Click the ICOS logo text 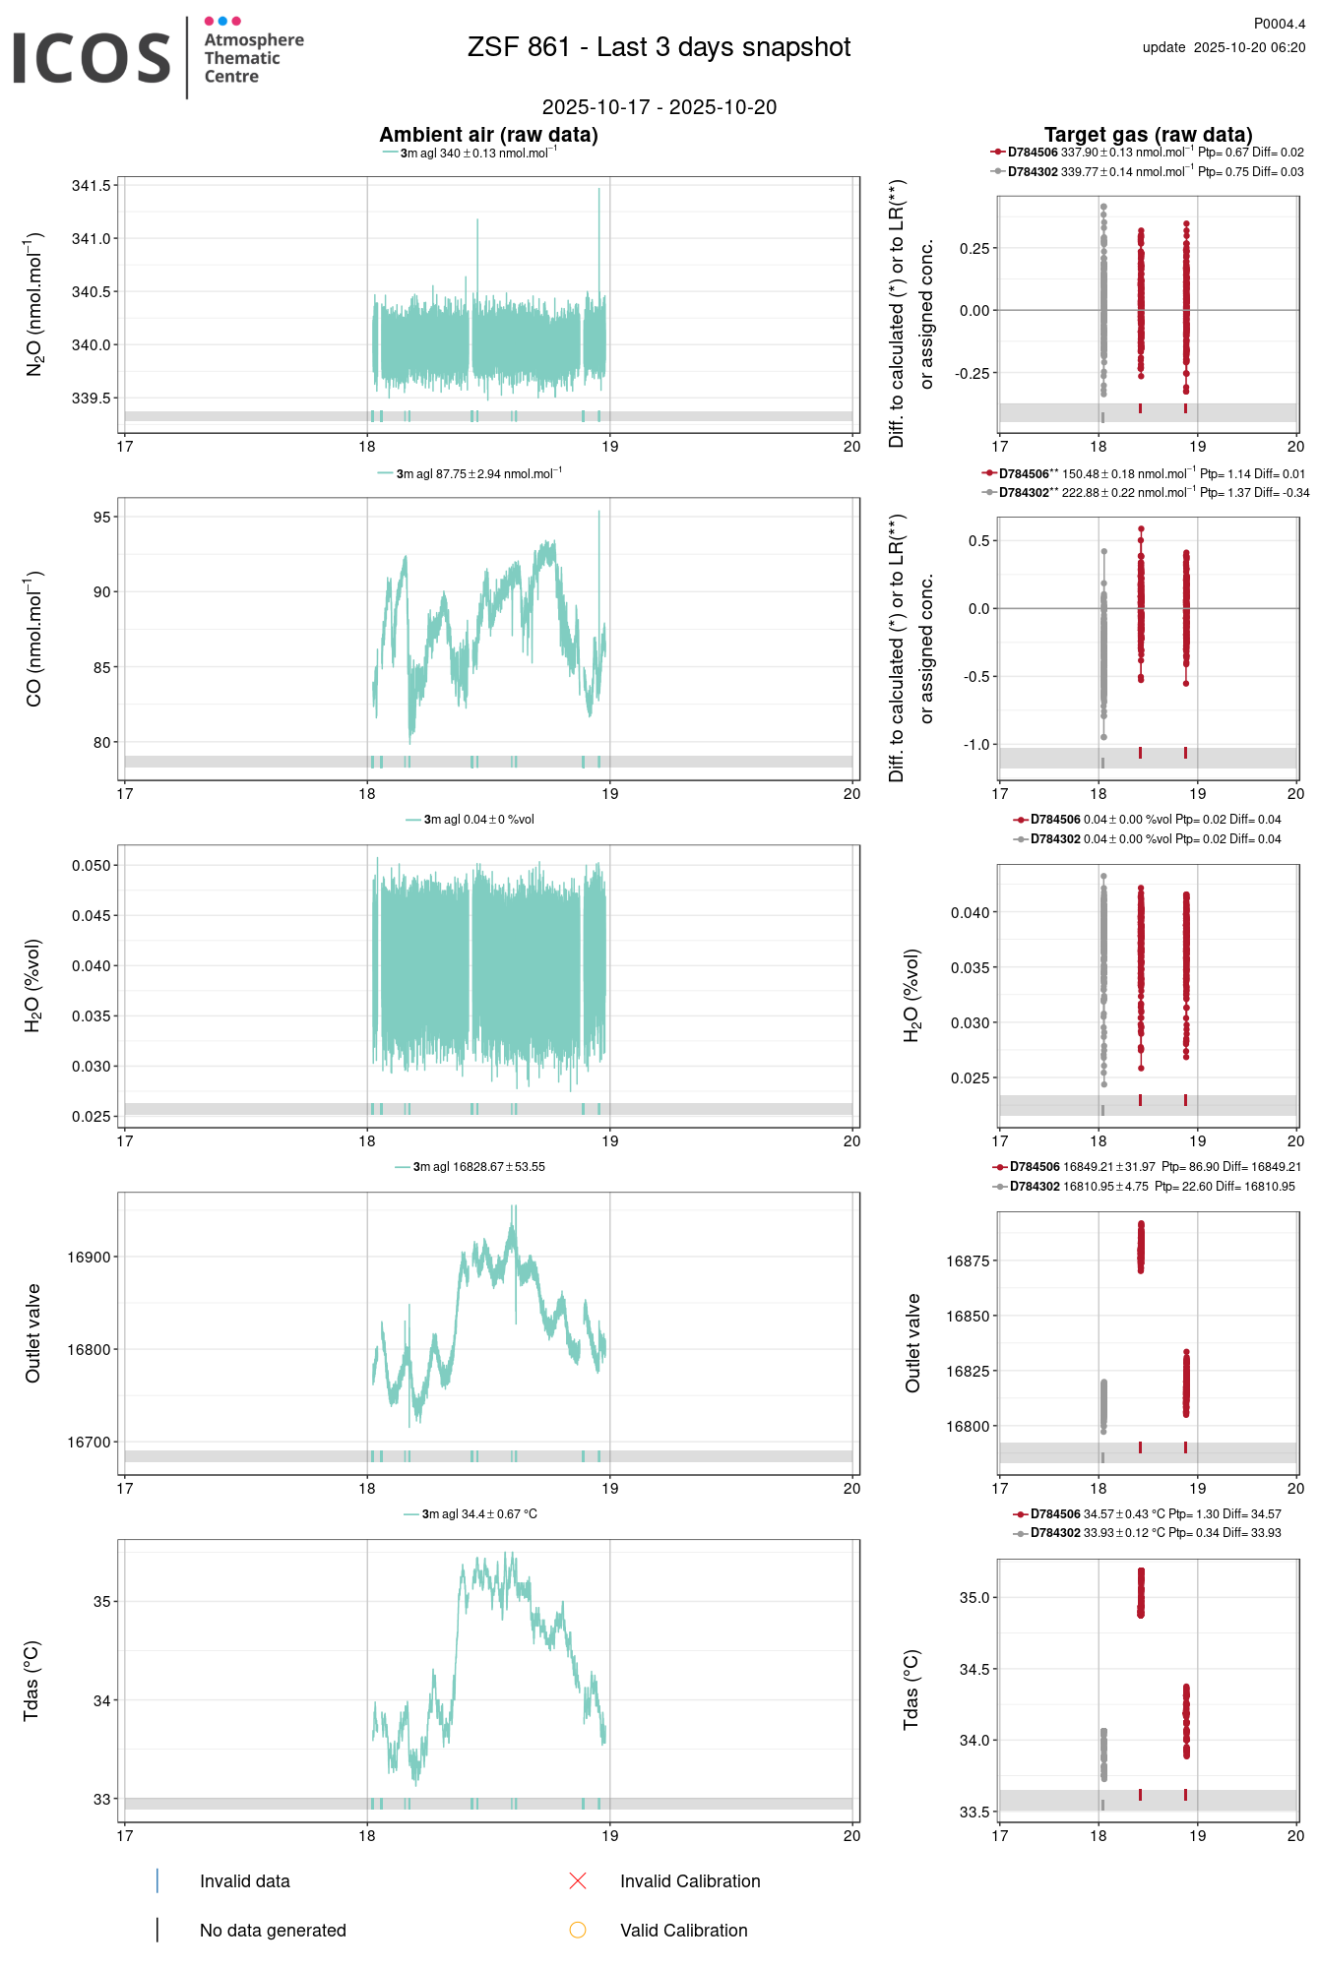[x=92, y=58]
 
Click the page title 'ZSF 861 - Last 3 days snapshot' [x=659, y=47]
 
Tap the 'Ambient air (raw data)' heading [x=488, y=135]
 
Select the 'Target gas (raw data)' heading [x=1148, y=135]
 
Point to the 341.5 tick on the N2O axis [x=92, y=186]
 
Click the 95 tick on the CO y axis [x=102, y=518]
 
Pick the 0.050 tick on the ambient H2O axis [x=92, y=866]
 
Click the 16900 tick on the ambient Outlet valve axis [x=89, y=1258]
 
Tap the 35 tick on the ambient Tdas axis [x=102, y=1602]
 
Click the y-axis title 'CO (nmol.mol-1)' [x=34, y=639]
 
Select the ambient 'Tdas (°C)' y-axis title [x=31, y=1681]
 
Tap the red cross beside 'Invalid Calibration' [x=578, y=1881]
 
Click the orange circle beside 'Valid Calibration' [x=578, y=1931]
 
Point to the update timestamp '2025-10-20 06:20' [x=1249, y=47]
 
